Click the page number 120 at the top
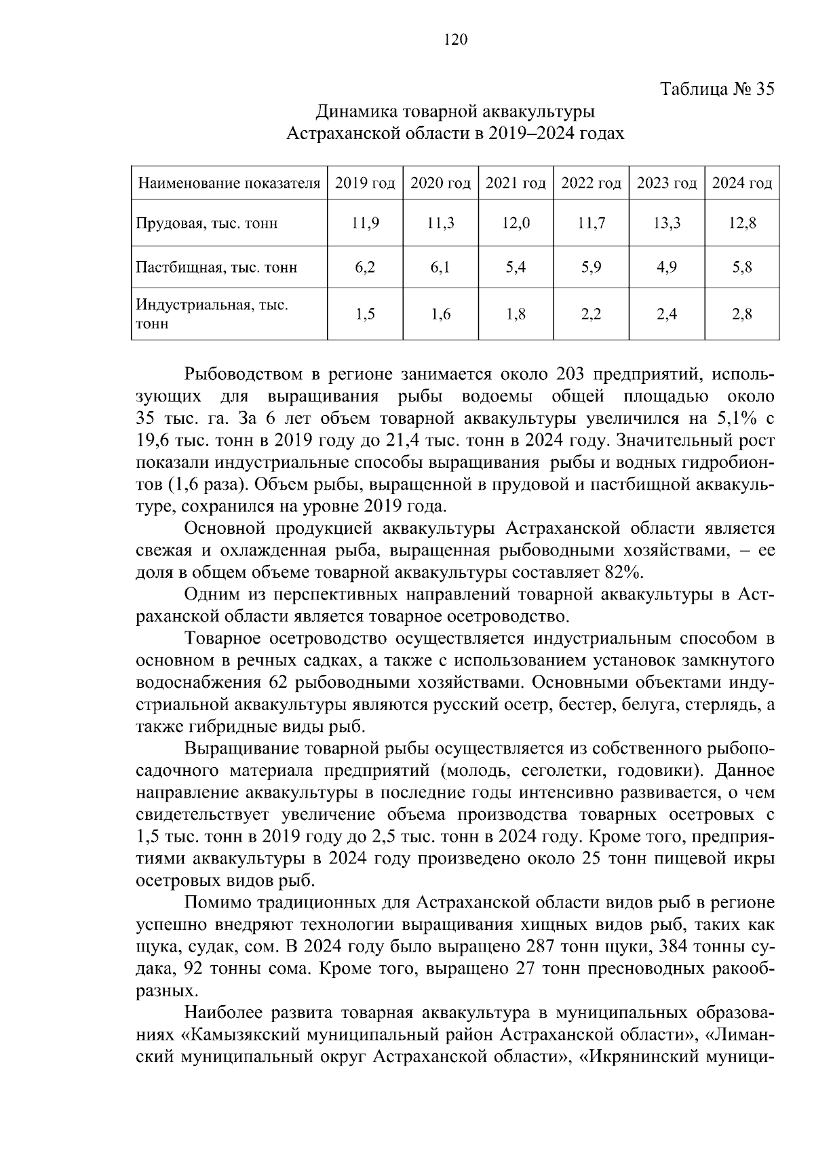tap(455, 40)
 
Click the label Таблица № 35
tap(716, 90)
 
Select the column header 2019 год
tap(365, 184)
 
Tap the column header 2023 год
tap(667, 184)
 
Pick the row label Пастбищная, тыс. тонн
tap(216, 267)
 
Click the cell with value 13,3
tap(667, 223)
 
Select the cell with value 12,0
tap(516, 223)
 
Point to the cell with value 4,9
tap(667, 267)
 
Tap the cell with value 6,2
tap(365, 267)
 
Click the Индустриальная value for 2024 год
tap(742, 314)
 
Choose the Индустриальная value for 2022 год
tap(591, 314)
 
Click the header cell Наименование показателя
tap(229, 184)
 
